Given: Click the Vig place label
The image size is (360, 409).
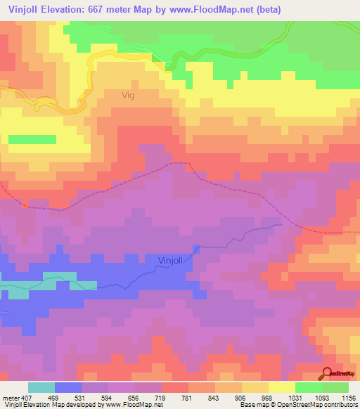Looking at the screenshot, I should [x=127, y=94].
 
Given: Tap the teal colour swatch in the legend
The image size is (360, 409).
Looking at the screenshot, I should [x=41, y=387].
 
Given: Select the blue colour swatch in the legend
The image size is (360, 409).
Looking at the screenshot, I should [x=68, y=387].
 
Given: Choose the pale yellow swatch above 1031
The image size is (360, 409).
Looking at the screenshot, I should [x=281, y=387].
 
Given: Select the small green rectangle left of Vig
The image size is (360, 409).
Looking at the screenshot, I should [x=32, y=139].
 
